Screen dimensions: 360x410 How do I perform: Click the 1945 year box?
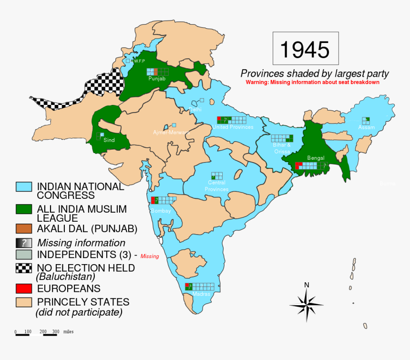point(305,49)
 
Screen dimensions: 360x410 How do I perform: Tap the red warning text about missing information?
point(312,82)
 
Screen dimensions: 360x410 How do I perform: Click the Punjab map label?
point(157,79)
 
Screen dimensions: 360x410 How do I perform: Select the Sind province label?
point(109,141)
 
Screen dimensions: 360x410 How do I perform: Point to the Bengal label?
point(316,158)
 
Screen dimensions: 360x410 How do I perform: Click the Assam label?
point(367,127)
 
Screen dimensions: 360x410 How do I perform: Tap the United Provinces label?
point(233,127)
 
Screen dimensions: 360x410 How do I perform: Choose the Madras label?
point(201,294)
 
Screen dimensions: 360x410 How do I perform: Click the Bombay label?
point(161,211)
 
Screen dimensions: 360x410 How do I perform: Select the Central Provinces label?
point(216,186)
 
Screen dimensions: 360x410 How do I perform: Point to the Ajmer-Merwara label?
point(171,132)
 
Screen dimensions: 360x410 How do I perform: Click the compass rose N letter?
point(307,285)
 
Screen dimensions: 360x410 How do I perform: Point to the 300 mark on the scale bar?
point(56,331)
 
